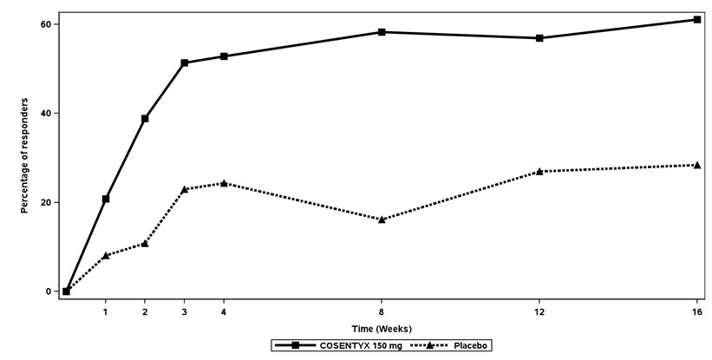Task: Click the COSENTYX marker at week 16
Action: [x=697, y=19]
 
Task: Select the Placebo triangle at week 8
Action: [x=382, y=219]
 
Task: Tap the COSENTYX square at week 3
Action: [x=185, y=62]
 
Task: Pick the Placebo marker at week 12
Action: [x=539, y=172]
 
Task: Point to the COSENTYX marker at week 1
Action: [x=106, y=199]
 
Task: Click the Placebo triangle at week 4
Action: [x=224, y=183]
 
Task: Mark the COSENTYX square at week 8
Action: [x=382, y=32]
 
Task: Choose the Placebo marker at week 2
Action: [x=145, y=244]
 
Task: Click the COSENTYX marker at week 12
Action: [x=539, y=38]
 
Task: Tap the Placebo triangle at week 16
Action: [x=697, y=165]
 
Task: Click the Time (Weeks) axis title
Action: [x=382, y=329]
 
